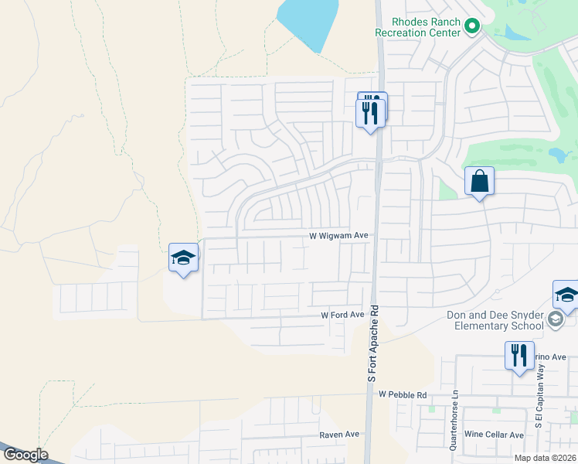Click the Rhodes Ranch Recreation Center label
tap(417, 27)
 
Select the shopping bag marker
tap(479, 183)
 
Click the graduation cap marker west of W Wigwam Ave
tap(184, 258)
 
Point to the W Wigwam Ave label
tap(338, 235)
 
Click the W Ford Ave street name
tap(342, 315)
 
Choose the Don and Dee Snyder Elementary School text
tap(495, 320)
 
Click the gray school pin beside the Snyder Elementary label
tap(555, 319)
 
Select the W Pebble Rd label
tap(403, 394)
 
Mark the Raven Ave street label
tap(340, 435)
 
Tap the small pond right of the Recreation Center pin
tap(513, 32)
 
